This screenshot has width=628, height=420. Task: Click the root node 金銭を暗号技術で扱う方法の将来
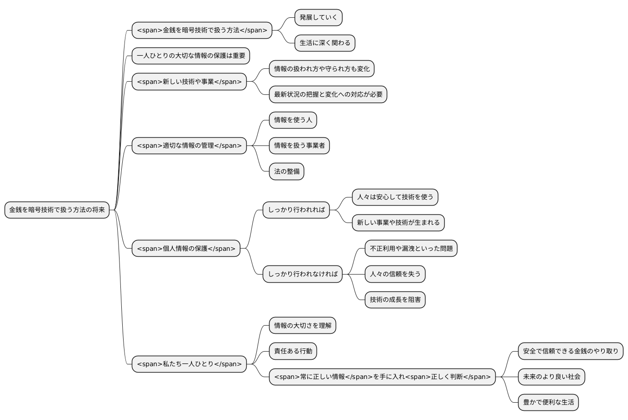click(x=57, y=210)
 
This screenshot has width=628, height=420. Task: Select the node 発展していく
click(x=318, y=17)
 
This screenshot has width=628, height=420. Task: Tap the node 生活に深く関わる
click(x=325, y=43)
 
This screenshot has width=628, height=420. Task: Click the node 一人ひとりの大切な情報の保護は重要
click(x=191, y=56)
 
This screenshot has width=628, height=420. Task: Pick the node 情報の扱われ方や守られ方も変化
click(x=322, y=69)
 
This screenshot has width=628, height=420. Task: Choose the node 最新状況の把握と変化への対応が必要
click(x=328, y=94)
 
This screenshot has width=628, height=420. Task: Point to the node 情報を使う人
click(x=293, y=120)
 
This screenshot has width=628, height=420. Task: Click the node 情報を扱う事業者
click(x=299, y=145)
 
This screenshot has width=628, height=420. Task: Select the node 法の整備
click(x=286, y=171)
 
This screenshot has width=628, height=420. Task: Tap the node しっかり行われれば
click(x=296, y=210)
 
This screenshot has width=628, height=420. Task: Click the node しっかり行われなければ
click(x=302, y=274)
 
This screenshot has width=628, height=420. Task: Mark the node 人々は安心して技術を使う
click(x=395, y=197)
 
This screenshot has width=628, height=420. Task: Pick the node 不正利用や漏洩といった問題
click(x=411, y=249)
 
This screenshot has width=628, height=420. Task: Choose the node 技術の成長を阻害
click(x=395, y=300)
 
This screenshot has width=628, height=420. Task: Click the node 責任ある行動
click(x=293, y=351)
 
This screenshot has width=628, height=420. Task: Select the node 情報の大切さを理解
click(x=302, y=326)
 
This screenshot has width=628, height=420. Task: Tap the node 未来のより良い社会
click(x=551, y=377)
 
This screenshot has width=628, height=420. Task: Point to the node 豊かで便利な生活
click(x=548, y=402)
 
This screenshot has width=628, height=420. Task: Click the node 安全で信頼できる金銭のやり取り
click(x=571, y=351)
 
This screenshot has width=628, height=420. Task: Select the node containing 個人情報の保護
click(x=186, y=249)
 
